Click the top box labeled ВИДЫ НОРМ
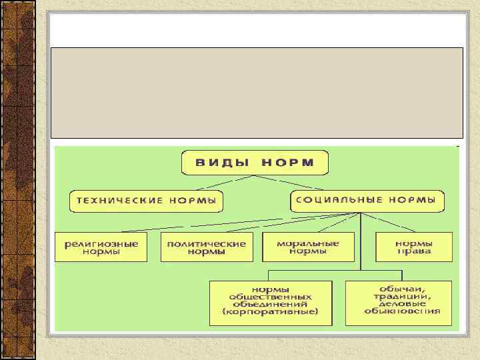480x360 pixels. coord(254,163)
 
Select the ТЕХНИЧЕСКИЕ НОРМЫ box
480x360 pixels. coord(146,201)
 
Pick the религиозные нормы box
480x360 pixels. coord(101,247)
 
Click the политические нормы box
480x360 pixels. coord(207,247)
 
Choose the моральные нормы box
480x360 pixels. coord(308,247)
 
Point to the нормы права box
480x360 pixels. coord(413,247)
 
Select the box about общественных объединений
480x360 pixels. coord(271,303)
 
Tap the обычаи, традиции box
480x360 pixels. coord(398,303)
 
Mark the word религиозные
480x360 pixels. coord(101,243)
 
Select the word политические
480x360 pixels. coord(207,243)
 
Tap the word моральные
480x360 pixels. coord(308,243)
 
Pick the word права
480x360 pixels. coord(413,251)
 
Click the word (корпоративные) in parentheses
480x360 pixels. coord(271,312)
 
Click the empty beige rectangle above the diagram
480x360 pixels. coord(257,92)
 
